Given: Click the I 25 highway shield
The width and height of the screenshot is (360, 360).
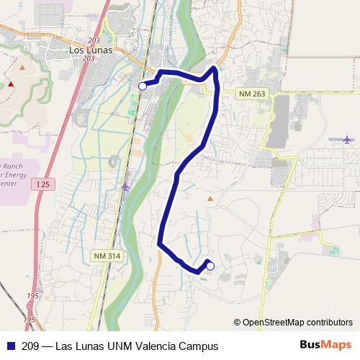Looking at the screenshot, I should pos(43,185).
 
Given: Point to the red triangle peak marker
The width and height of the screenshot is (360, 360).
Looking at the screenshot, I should pos(11,84).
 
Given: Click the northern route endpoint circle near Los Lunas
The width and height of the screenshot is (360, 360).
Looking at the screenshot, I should pos(142,86).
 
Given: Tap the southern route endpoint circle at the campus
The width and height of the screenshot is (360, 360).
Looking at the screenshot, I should pos(210,266).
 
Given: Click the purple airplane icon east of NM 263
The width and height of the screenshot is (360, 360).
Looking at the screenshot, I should pos(348,138).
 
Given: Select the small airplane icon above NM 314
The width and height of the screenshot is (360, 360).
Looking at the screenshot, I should pos(126,187).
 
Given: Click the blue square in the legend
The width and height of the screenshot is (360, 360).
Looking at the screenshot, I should pos(11,345).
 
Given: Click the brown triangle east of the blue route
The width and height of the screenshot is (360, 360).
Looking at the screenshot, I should pos(210,197).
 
